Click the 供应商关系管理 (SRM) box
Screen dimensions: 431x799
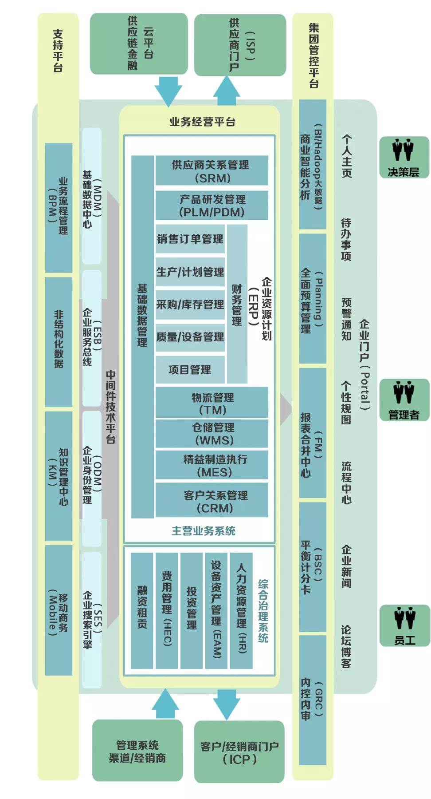212,170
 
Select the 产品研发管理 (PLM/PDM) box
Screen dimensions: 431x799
212,206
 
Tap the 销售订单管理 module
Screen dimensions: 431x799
190,239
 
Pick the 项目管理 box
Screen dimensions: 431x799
190,370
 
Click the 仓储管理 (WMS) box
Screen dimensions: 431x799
212,434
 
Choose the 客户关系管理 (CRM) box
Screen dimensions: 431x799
212,501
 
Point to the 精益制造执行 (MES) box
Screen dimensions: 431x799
212,465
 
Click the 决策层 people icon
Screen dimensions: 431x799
404,157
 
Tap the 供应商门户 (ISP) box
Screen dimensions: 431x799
240,45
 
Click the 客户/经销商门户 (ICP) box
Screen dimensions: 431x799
239,752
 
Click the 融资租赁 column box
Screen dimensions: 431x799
142,610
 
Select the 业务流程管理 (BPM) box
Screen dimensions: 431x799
59,208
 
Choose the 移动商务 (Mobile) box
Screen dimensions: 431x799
59,610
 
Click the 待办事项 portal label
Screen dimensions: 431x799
346,239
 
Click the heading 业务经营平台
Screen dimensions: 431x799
202,122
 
